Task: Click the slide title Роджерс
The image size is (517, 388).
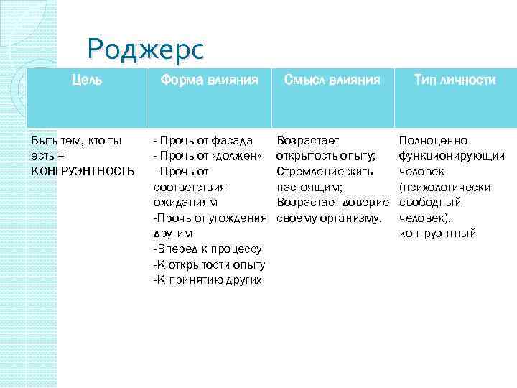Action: click(145, 49)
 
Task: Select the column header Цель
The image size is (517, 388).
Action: click(87, 80)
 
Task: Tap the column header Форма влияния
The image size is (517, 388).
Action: click(209, 80)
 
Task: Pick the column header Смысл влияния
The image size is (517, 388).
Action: click(332, 80)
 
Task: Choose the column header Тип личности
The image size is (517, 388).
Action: click(455, 80)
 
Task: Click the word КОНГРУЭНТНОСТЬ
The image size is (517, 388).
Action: click(82, 171)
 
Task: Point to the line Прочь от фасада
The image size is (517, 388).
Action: click(203, 140)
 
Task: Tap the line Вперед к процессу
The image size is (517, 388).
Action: click(208, 249)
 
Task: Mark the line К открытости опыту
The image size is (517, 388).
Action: click(208, 264)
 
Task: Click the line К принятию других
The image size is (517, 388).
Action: click(208, 280)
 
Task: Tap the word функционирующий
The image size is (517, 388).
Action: click(451, 156)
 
